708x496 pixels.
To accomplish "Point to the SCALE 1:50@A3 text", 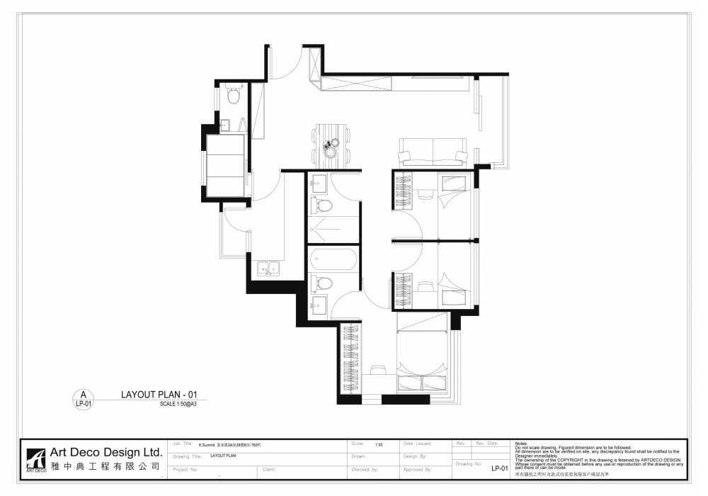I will click(x=178, y=404).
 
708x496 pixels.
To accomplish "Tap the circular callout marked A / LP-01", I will click(x=83, y=399).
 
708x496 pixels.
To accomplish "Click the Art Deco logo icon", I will click(x=35, y=459).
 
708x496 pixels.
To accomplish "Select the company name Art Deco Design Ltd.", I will click(x=106, y=453).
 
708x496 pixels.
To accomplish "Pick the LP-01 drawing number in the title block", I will click(x=501, y=468).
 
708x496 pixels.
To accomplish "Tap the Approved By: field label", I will click(x=417, y=469).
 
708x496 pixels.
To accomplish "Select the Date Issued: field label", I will click(x=417, y=443).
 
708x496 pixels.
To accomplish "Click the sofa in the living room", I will click(x=432, y=154).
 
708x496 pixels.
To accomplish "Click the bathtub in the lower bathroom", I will click(x=333, y=259).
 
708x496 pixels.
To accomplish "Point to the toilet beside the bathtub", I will click(x=324, y=283).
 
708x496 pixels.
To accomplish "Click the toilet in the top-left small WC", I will click(x=234, y=94).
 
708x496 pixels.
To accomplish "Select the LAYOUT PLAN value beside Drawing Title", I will click(x=222, y=456).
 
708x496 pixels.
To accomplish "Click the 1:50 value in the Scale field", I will click(x=379, y=444).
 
